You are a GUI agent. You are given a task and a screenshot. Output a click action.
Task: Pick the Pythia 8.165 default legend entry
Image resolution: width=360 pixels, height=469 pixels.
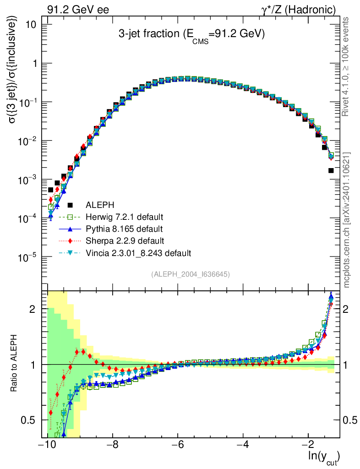pos(124,229)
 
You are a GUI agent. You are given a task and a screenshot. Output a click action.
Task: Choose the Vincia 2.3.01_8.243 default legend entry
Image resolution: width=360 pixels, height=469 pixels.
pos(138,252)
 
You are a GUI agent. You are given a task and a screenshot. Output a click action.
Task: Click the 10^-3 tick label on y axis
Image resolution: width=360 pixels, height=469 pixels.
pos(28,180)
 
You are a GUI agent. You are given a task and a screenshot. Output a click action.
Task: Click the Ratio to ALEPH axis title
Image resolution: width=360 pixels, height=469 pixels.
pos(15,364)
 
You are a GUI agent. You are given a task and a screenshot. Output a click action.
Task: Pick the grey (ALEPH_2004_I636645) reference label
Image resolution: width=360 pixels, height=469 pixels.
pos(190,274)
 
